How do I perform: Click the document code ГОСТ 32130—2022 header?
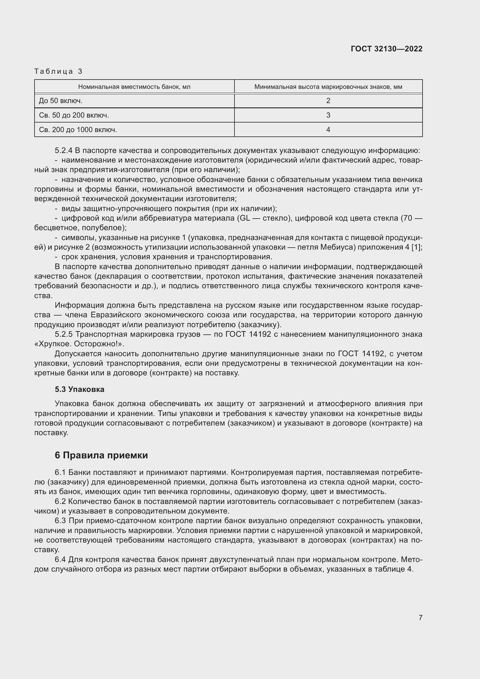point(386,49)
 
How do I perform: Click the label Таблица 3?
point(58,71)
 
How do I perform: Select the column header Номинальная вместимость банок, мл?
point(134,87)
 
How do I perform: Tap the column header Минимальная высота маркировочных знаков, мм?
point(328,87)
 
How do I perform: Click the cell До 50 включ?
point(61,101)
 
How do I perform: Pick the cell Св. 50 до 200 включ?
point(74,115)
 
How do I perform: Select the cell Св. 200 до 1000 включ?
point(78,130)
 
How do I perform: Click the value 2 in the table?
point(328,101)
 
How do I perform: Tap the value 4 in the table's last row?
point(328,130)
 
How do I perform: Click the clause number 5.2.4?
point(63,151)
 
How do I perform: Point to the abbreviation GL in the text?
point(244,218)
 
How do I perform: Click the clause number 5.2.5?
point(63,334)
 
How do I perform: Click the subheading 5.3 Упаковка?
point(80,389)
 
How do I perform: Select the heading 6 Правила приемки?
point(101,455)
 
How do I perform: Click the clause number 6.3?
point(60,520)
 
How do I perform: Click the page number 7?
point(420,617)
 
